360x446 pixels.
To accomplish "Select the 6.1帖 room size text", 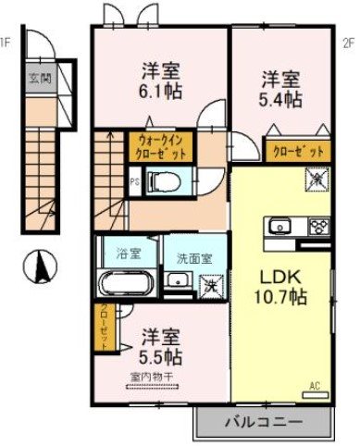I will [x=160, y=91].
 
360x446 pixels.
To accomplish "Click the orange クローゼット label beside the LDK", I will [x=296, y=151].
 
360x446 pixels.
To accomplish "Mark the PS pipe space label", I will [x=135, y=182].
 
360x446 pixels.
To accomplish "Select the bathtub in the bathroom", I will [x=127, y=282].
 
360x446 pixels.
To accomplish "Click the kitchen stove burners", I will [x=317, y=226].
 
